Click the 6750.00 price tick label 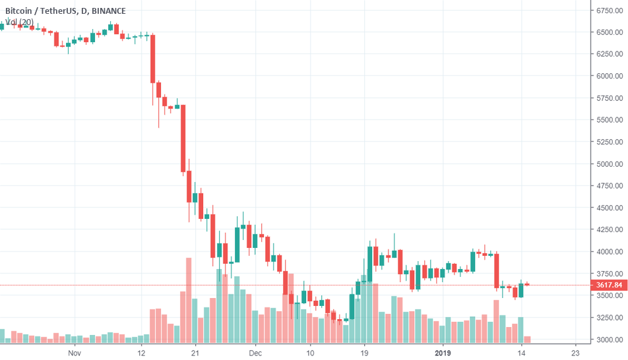[610, 10]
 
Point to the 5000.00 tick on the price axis [610, 164]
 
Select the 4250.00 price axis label [610, 229]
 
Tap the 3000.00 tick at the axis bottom [610, 340]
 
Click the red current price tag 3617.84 [609, 285]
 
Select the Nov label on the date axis [74, 353]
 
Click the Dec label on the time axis [256, 353]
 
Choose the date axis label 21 [195, 353]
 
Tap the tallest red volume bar [189, 300]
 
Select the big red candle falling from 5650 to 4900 [183, 138]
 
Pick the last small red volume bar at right [527, 340]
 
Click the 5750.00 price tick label [610, 98]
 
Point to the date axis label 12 [141, 353]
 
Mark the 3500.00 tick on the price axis [610, 295]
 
